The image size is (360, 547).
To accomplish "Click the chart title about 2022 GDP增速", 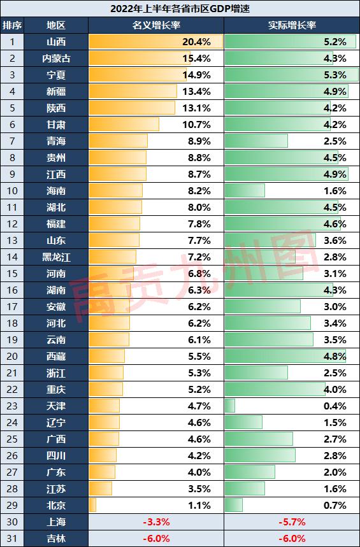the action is click(180, 8).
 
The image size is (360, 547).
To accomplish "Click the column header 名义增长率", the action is click(156, 25).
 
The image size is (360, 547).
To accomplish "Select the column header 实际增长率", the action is click(292, 25).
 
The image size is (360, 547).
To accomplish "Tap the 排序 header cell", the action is click(12, 25).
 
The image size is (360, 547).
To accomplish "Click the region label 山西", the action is click(56, 42).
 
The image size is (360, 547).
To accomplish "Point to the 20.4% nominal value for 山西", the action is click(197, 42).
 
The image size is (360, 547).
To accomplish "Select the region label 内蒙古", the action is click(56, 58).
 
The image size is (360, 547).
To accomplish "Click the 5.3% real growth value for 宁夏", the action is click(335, 75).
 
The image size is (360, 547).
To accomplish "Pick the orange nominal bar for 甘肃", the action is click(124, 125).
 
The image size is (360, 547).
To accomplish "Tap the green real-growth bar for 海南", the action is click(245, 191).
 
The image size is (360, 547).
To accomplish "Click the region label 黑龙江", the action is click(56, 257).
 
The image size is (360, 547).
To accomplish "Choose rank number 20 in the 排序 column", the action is click(12, 357).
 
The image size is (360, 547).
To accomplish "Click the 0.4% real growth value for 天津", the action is click(335, 406).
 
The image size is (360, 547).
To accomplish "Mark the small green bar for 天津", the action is click(230, 406).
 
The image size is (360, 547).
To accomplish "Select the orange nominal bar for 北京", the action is click(92, 506).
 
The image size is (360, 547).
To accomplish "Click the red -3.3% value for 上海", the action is click(156, 522).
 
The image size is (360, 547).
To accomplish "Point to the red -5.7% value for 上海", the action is click(292, 522).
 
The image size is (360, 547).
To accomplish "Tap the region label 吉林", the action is click(56, 539).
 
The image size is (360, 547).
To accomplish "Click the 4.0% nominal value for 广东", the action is click(199, 472).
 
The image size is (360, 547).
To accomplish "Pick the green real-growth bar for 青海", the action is click(256, 141).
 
